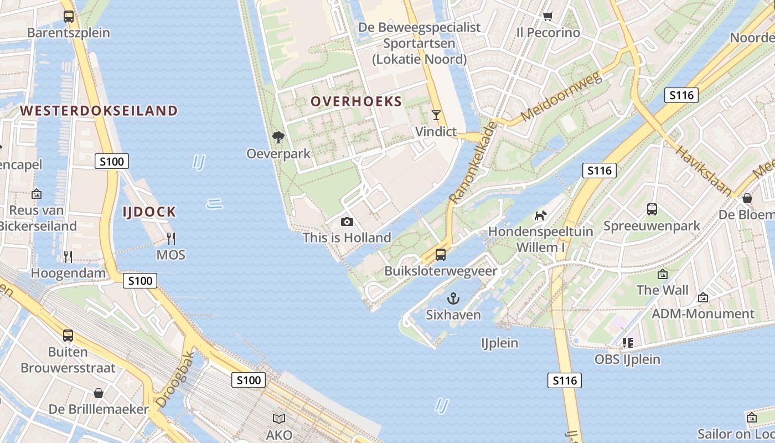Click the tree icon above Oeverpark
click(x=278, y=137)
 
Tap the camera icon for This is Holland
click(x=347, y=221)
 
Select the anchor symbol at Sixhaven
click(x=453, y=299)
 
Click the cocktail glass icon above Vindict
click(x=436, y=115)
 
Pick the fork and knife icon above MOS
click(x=171, y=239)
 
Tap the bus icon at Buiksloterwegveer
click(x=441, y=255)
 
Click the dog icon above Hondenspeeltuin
click(x=540, y=215)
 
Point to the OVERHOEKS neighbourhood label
click(x=356, y=101)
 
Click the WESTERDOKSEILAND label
click(x=99, y=111)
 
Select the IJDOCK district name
click(x=149, y=212)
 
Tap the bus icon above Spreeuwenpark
click(x=652, y=209)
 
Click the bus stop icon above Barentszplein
click(x=69, y=17)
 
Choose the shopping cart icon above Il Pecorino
click(x=547, y=16)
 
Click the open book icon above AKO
click(x=279, y=419)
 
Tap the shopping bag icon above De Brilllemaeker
click(x=99, y=393)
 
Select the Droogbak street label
click(x=175, y=379)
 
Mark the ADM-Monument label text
click(x=702, y=314)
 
